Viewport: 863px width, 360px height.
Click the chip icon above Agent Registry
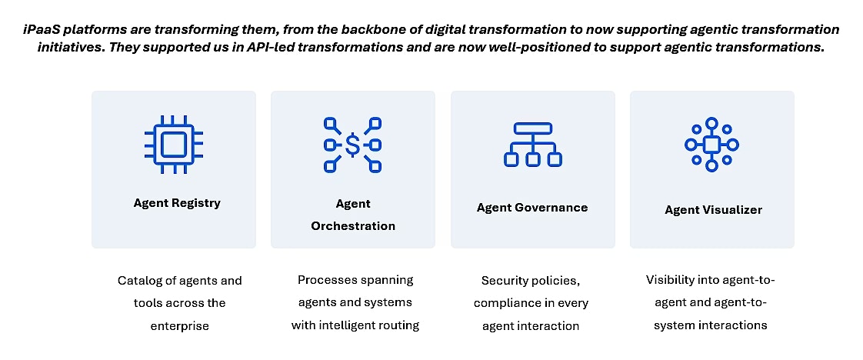[x=173, y=145]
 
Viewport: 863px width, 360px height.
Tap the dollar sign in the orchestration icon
[x=353, y=145]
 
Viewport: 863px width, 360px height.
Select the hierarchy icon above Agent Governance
[x=533, y=145]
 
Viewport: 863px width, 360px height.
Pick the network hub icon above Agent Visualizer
[x=711, y=144]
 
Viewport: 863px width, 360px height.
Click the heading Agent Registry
[x=177, y=203]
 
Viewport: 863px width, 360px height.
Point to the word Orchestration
[x=353, y=226]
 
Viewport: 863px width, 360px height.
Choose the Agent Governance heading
[x=532, y=208]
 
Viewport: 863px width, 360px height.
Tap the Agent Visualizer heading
[x=713, y=210]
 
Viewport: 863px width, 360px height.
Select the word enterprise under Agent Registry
[x=179, y=326]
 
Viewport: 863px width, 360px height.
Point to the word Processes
[x=328, y=280]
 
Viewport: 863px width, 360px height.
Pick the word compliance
[x=504, y=303]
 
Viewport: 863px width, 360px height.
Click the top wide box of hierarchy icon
[x=533, y=128]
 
